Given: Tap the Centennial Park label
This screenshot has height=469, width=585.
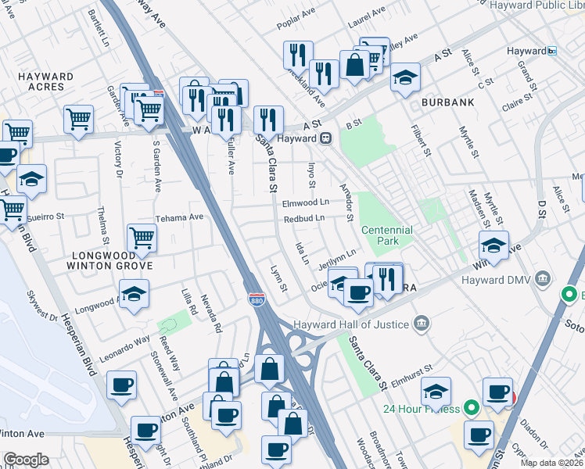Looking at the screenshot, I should click(386, 235).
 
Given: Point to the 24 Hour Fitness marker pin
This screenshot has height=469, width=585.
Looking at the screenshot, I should click(470, 408).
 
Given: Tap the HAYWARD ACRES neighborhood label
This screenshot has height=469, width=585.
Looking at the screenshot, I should click(45, 82).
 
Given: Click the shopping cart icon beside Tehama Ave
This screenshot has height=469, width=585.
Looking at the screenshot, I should click(141, 237).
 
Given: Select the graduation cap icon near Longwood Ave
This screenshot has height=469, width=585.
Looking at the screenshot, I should click(135, 294).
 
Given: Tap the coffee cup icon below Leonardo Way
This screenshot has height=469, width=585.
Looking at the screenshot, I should click(122, 385).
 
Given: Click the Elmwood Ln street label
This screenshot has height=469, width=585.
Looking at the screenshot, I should click(306, 202).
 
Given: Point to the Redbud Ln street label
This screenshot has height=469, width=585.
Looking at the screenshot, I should click(303, 219).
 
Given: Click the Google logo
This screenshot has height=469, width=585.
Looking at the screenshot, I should click(26, 460).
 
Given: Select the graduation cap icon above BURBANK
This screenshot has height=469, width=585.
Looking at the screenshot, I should click(405, 77).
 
